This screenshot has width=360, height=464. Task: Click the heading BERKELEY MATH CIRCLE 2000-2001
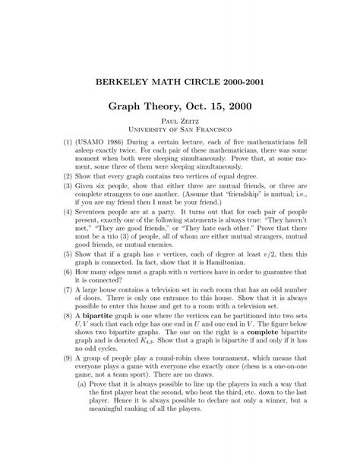tap(180, 80)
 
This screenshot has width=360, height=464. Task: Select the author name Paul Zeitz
tap(180, 129)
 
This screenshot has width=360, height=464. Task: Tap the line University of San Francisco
tap(180, 139)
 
